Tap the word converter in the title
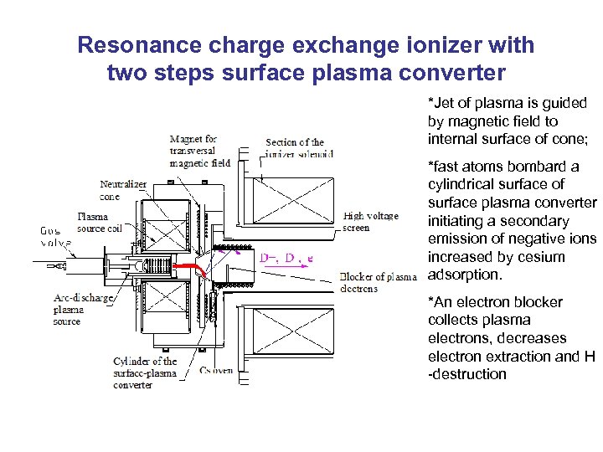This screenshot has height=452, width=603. pos(452,73)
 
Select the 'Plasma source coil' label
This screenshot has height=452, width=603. pos(99,222)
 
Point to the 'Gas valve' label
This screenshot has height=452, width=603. pos(56,236)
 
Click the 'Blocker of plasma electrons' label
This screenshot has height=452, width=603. pos(378,282)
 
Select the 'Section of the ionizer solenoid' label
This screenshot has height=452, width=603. pos(300,147)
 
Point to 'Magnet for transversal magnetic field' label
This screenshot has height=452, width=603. pos(199,151)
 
